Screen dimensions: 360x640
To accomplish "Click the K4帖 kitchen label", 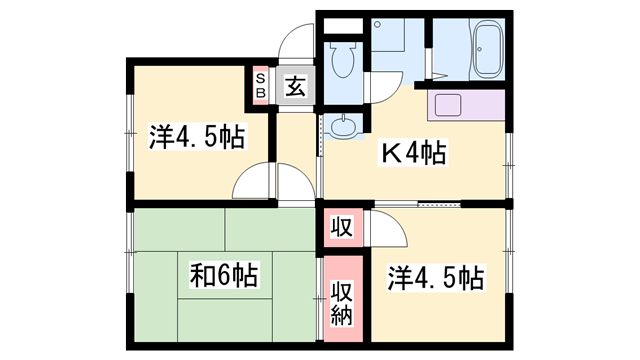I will (x=411, y=155).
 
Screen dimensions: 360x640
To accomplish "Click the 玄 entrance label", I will (x=295, y=86).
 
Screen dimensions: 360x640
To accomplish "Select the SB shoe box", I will (x=260, y=86).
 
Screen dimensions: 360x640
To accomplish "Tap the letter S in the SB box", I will (x=260, y=79).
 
